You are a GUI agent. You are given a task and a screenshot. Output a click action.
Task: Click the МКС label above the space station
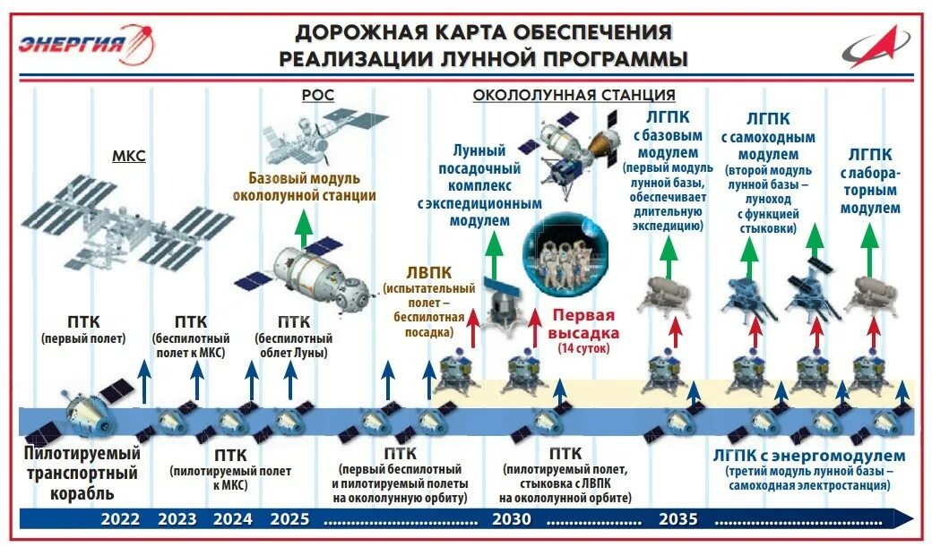click(129, 157)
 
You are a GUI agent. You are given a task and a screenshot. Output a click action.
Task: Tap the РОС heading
click(317, 95)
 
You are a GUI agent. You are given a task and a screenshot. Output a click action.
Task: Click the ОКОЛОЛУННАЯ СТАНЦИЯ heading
click(574, 95)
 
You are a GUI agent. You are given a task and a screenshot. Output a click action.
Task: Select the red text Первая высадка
click(582, 323)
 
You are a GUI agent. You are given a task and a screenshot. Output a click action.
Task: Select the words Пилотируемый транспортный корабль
click(82, 473)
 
